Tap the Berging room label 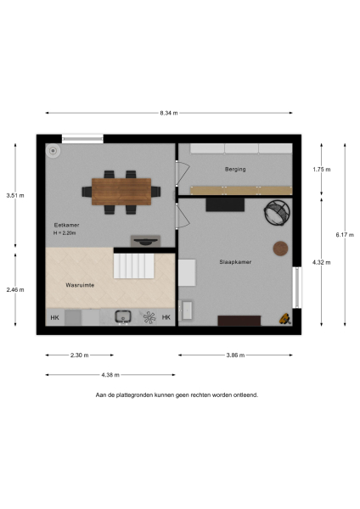click(x=235, y=169)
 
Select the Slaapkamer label click(x=235, y=262)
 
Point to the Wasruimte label click(x=80, y=286)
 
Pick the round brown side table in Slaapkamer click(x=279, y=248)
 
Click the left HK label click(x=55, y=318)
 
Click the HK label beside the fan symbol click(x=166, y=318)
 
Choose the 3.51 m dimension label click(x=15, y=195)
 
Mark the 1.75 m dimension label click(x=321, y=169)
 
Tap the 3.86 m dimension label click(x=235, y=355)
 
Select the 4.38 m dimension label click(x=110, y=374)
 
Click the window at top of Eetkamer click(x=82, y=137)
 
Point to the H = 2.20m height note click(x=65, y=233)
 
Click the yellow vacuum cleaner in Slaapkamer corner click(x=285, y=320)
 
